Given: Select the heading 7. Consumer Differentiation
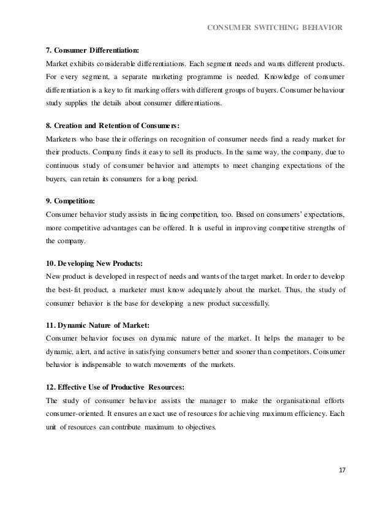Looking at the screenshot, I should (93, 50).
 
